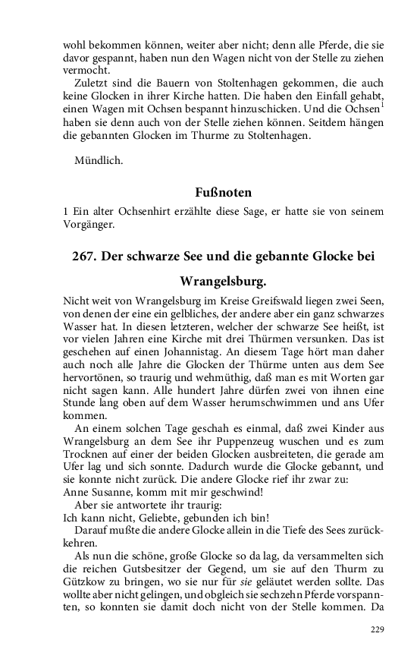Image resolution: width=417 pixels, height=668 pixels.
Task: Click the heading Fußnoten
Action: [x=223, y=193]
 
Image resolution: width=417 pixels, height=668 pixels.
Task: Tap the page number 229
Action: [x=378, y=629]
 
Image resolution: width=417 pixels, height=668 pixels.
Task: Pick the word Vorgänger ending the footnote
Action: [x=89, y=224]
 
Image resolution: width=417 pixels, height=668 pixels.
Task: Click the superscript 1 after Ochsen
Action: [x=382, y=104]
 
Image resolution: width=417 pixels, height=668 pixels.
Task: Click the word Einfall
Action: [x=306, y=97]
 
